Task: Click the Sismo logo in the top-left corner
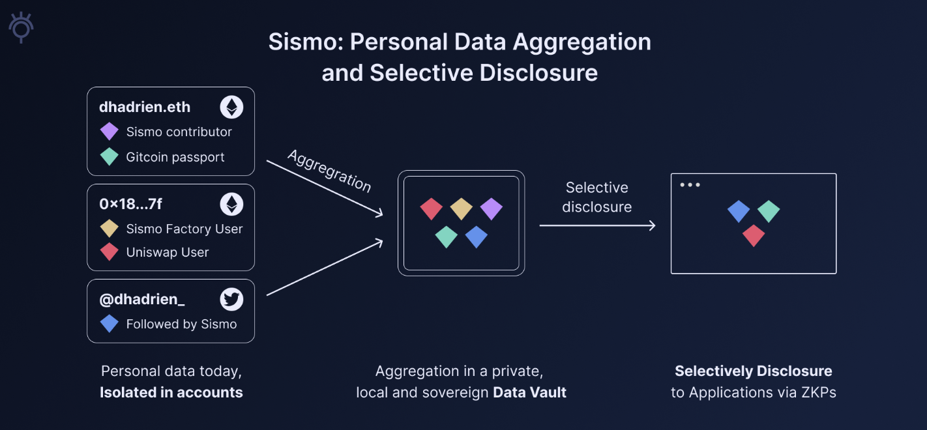point(22,27)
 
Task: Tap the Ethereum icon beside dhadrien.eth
point(231,107)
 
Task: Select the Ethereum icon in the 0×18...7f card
point(231,205)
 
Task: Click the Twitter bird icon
point(231,300)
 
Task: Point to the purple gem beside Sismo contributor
point(110,132)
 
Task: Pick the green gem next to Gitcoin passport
point(110,157)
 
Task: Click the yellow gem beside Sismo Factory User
point(110,229)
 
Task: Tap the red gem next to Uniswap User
point(110,252)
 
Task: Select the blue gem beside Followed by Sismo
point(110,324)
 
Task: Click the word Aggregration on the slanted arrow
point(329,171)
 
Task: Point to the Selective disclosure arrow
point(597,225)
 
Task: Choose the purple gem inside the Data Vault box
point(492,208)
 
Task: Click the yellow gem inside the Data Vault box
point(462,208)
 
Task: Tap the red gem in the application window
point(754,235)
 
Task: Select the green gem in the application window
point(769,211)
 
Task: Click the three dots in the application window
point(690,185)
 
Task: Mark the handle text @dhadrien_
point(142,300)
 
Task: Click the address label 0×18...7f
point(130,205)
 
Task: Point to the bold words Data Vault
point(529,392)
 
